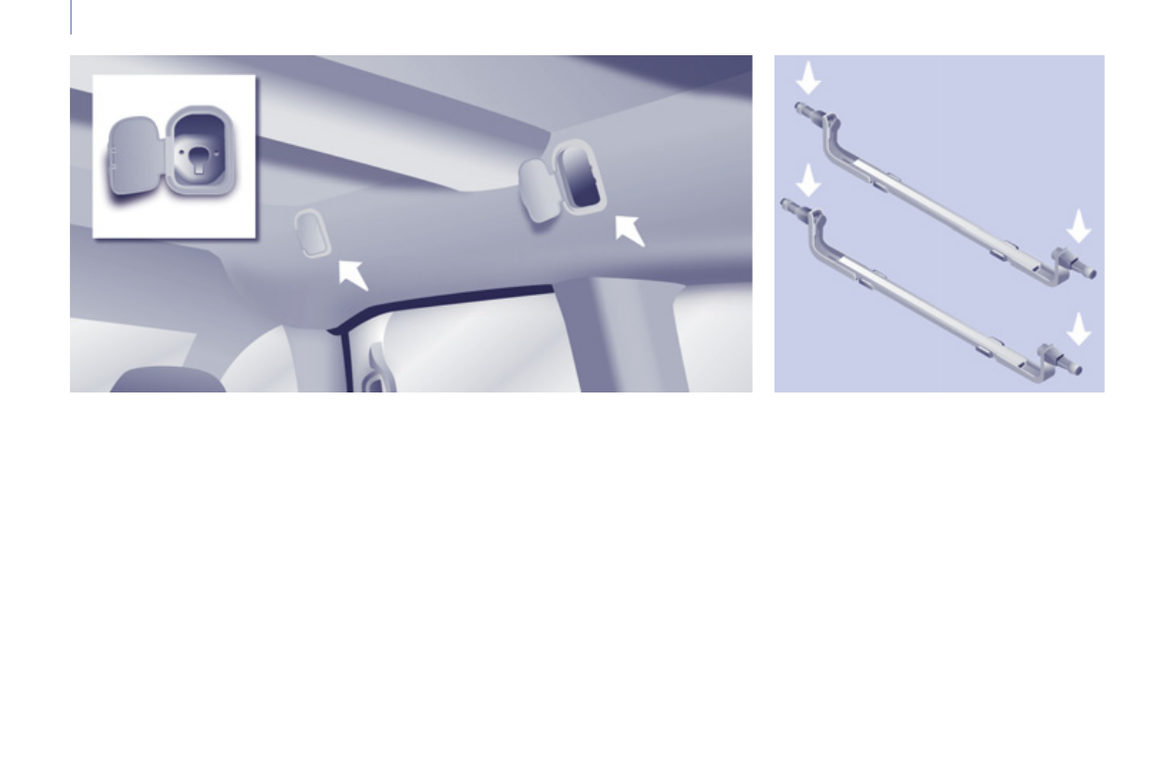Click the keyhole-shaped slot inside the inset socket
click(199, 158)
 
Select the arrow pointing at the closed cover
click(351, 273)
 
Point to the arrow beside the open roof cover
click(629, 230)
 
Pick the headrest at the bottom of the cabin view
click(168, 382)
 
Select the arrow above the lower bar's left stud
click(809, 179)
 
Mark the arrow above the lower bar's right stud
click(1079, 328)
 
